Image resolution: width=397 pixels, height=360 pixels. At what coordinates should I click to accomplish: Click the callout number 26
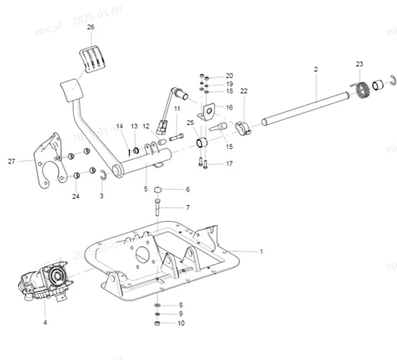click(91, 27)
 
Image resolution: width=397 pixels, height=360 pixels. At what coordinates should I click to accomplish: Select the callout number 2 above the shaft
click(315, 70)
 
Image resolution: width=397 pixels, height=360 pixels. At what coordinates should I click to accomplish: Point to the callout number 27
click(12, 161)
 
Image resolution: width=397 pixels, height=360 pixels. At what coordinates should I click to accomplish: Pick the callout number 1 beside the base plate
click(261, 250)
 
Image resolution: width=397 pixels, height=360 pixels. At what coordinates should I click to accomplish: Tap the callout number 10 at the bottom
click(181, 323)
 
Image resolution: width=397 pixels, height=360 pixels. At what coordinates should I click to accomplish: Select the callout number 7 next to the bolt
click(187, 207)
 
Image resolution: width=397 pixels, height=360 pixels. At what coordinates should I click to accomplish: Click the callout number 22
click(244, 91)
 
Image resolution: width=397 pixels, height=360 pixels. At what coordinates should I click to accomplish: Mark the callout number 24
click(76, 196)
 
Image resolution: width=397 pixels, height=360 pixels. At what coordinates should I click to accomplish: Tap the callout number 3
click(101, 195)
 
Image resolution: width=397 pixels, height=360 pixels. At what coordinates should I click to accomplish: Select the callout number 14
click(120, 126)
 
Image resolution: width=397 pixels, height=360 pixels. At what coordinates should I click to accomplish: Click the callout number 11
click(177, 109)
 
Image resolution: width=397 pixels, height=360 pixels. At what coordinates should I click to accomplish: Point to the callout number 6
click(187, 189)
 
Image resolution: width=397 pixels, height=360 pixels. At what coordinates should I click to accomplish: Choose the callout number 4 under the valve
click(44, 323)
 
